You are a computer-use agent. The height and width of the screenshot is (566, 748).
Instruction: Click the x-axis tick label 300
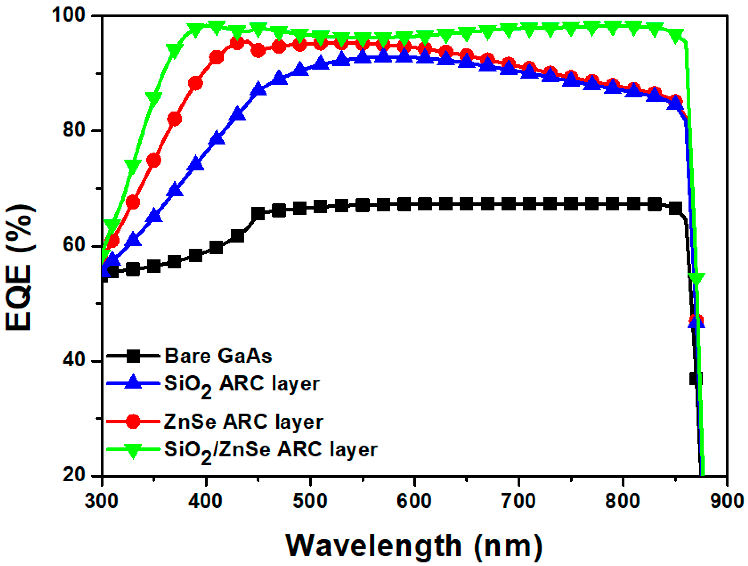point(101,501)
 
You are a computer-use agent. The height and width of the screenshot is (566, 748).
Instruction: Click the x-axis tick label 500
point(310,501)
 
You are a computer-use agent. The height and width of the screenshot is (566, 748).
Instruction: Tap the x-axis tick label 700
point(518,501)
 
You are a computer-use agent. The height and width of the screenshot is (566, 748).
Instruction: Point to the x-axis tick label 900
point(727,501)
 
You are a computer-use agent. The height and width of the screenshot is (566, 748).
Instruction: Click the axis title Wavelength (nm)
point(414,545)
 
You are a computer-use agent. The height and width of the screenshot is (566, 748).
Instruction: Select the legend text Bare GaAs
point(218,356)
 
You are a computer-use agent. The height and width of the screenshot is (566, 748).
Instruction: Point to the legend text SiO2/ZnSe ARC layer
point(271,450)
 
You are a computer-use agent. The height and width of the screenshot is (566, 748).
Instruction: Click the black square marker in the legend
point(133,356)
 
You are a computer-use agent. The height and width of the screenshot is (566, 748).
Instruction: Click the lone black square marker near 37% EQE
point(696,379)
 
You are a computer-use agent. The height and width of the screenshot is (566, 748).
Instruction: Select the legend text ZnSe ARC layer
point(243,422)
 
